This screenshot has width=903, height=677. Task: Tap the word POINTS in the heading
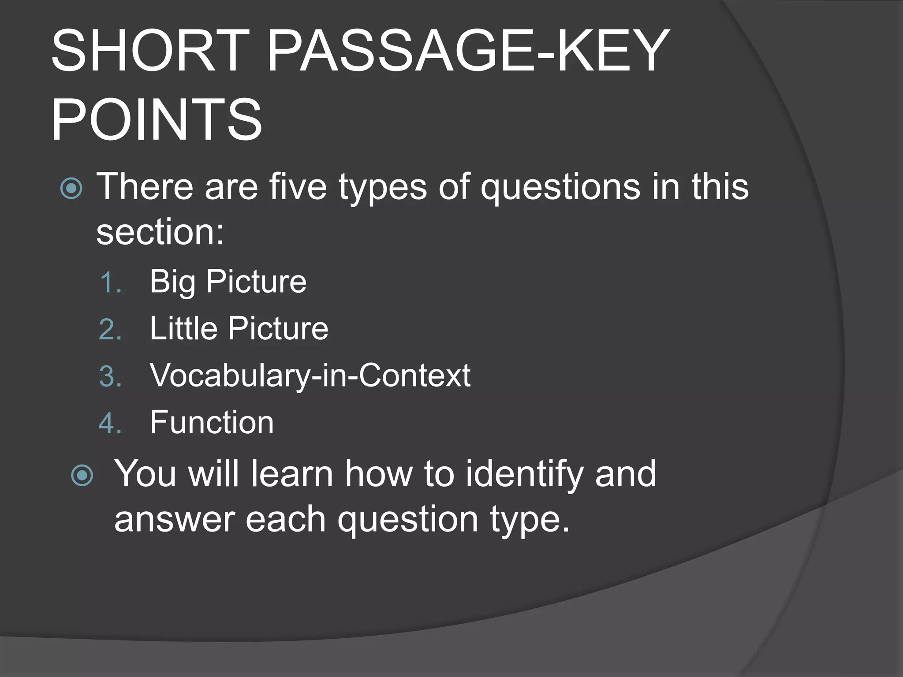click(157, 119)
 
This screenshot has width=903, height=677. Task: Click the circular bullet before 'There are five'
click(71, 188)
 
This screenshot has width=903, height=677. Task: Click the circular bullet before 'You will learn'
click(82, 476)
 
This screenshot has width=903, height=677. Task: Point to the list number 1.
click(110, 283)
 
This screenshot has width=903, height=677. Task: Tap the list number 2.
click(110, 329)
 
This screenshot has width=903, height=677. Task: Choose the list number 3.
click(110, 376)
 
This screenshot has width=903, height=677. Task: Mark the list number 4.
click(110, 423)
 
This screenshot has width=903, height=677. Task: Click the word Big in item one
click(172, 282)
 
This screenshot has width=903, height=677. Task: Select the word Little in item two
click(183, 328)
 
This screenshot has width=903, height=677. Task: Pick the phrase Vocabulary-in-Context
click(310, 376)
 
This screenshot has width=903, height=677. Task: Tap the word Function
click(212, 422)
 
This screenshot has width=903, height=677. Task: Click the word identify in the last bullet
click(524, 475)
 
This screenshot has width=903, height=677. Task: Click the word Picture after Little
click(278, 328)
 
